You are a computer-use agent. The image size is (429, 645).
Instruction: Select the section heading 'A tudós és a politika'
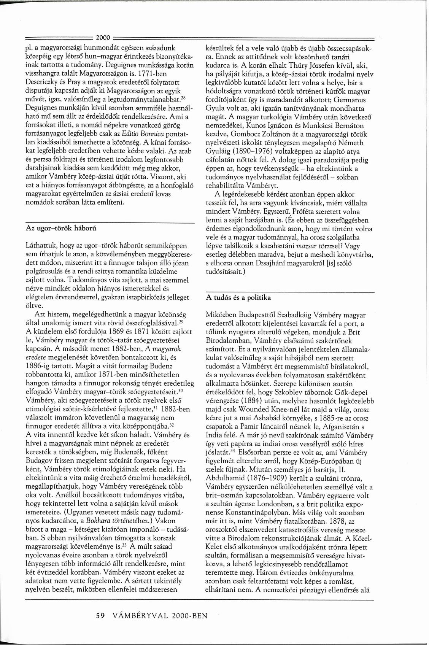(x=238, y=297)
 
